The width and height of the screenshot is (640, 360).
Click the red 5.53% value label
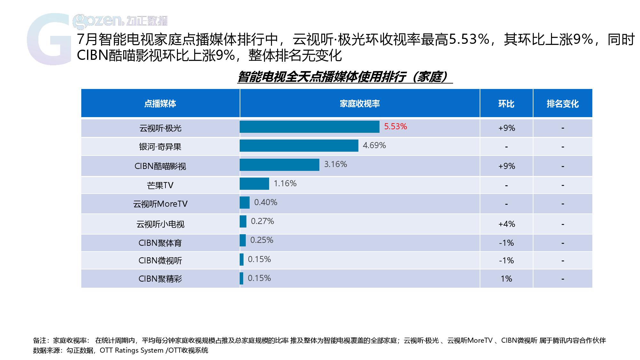coord(395,126)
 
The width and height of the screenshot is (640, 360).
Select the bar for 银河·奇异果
coord(299,146)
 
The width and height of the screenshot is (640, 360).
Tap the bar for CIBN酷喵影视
coord(279,165)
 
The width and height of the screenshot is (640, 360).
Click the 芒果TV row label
coord(160,185)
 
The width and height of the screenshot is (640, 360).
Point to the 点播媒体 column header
coord(160,104)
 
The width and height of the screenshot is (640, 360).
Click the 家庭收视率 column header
coord(359,104)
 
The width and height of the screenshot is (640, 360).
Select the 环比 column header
coord(506,104)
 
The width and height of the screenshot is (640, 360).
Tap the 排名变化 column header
coord(563,104)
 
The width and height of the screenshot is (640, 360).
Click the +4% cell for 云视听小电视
coord(507,224)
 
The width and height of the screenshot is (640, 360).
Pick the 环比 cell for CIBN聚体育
coord(506,243)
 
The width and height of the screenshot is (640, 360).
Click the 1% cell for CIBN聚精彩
coord(506,279)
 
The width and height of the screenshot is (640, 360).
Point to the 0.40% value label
coord(266,202)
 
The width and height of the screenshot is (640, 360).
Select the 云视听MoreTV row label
coord(160,204)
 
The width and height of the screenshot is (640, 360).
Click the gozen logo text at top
coord(120,21)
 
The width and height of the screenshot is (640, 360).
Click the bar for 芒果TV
coord(254,184)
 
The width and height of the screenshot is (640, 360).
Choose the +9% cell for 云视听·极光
coord(507,128)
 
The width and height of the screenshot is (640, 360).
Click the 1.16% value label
coord(285,183)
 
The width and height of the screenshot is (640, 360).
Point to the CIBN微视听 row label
coord(160,261)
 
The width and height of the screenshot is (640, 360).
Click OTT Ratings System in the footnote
coord(132,350)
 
